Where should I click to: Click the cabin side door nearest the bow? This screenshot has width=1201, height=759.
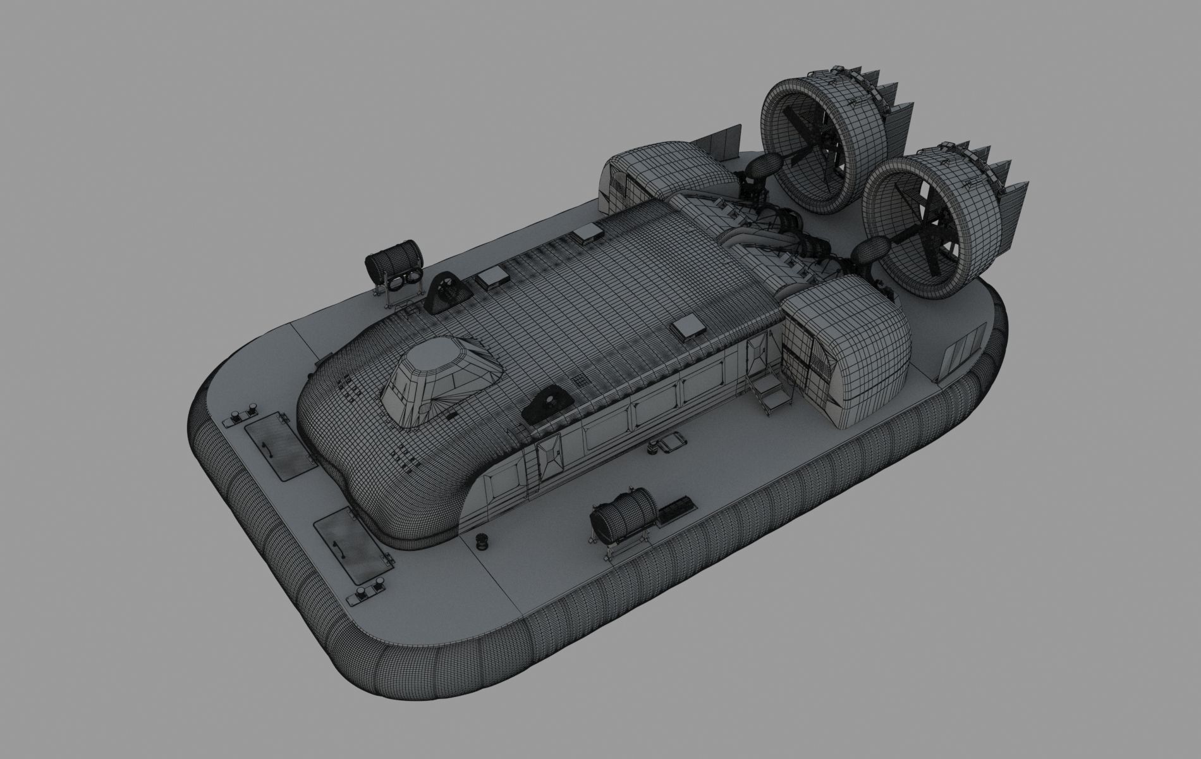(547, 456)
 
